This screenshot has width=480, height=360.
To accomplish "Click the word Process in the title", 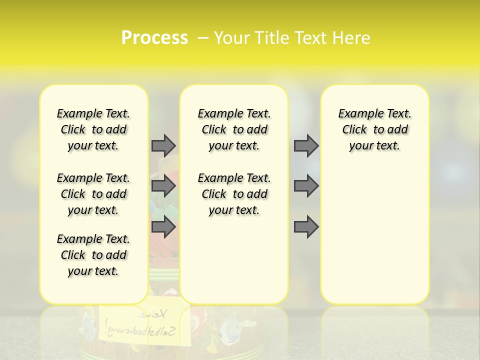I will pyautogui.click(x=154, y=38).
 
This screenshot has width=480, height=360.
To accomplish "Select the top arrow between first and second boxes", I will pyautogui.click(x=163, y=145).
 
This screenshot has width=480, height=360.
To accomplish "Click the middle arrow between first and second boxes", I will pyautogui.click(x=163, y=186).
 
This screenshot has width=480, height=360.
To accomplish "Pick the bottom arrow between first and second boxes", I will pyautogui.click(x=163, y=227).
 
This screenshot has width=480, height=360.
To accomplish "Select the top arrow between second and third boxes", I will pyautogui.click(x=306, y=145).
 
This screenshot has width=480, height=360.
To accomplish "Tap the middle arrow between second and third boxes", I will pyautogui.click(x=306, y=186).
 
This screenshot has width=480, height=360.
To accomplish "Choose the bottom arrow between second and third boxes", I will pyautogui.click(x=306, y=227).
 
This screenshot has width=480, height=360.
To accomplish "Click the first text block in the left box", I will pyautogui.click(x=93, y=129).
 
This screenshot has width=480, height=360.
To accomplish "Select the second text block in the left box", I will pyautogui.click(x=93, y=194).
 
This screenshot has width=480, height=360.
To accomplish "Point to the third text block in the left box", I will pyautogui.click(x=93, y=255).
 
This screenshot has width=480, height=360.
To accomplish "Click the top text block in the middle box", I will pyautogui.click(x=234, y=129).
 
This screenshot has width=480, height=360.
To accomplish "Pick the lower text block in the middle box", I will pyautogui.click(x=234, y=194).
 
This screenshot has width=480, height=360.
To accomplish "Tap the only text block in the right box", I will pyautogui.click(x=375, y=129).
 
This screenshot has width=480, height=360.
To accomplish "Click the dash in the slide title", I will pyautogui.click(x=203, y=38).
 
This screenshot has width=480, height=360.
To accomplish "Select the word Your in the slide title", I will pyautogui.click(x=231, y=38).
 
